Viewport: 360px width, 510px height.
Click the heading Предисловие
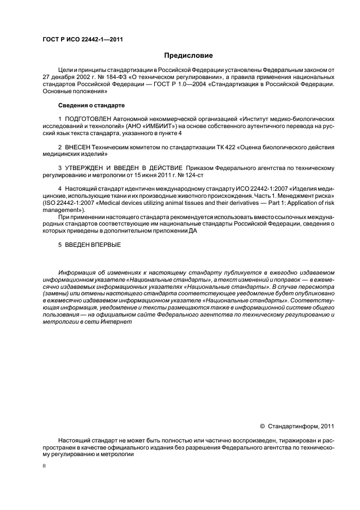point(188,56)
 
